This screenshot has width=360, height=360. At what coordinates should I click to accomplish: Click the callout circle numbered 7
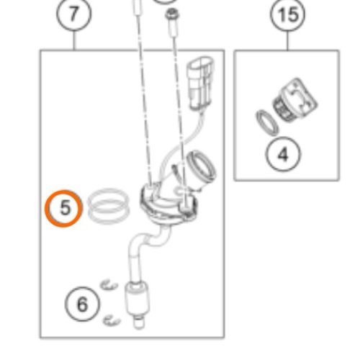[74, 14]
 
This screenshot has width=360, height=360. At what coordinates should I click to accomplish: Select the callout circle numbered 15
[287, 14]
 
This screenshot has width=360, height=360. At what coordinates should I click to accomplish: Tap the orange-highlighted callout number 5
[64, 208]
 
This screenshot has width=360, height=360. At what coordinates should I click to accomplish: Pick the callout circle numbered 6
[82, 304]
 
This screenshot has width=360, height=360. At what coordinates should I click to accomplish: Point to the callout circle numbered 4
[283, 154]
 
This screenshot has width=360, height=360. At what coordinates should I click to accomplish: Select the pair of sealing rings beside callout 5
[109, 206]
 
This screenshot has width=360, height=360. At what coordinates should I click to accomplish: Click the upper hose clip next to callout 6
[109, 285]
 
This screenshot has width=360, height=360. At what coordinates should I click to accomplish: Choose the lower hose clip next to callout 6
[112, 320]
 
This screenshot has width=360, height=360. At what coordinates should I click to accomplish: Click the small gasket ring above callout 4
[267, 123]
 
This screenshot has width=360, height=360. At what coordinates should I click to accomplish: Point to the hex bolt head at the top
[172, 14]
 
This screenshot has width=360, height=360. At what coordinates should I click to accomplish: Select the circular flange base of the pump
[169, 204]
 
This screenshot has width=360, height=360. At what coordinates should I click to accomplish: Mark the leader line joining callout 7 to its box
[74, 40]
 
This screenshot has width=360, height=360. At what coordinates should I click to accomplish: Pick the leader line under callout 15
[287, 41]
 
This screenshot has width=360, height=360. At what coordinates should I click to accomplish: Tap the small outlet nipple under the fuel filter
[138, 322]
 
